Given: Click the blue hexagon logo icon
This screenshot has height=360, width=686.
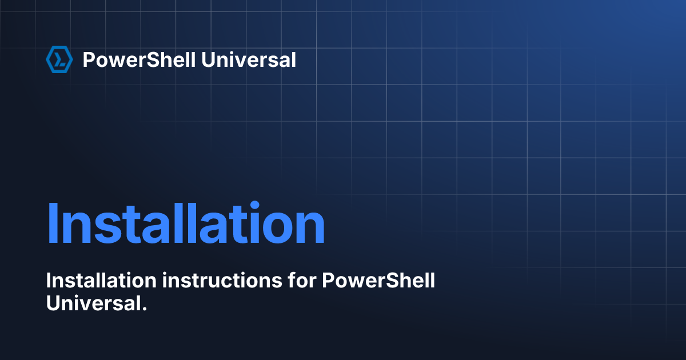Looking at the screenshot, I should coord(59,59).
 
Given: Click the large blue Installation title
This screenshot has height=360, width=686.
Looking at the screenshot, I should coord(185,223).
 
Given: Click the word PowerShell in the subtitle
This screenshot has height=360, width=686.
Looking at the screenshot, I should coord(379,281).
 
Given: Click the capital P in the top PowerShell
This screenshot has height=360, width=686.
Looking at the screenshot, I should coord(89,59).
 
